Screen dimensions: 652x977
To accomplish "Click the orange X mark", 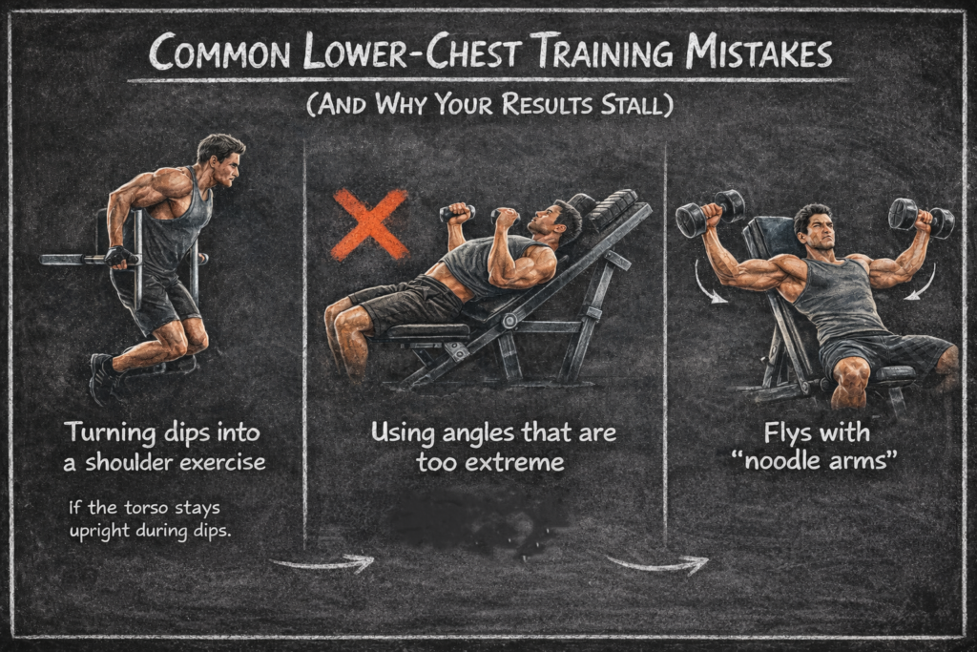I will click(x=369, y=224).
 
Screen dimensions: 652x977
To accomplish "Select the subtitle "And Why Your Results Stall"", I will click(x=489, y=104).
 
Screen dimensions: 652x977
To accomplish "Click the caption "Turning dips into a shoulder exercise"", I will click(x=165, y=447).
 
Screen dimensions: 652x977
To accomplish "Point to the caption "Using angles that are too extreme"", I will click(x=493, y=447).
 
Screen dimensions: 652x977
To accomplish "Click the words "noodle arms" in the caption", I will click(x=816, y=462).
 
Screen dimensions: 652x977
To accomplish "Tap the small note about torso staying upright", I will click(x=151, y=516).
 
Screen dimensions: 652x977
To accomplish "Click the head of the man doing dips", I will click(x=221, y=158).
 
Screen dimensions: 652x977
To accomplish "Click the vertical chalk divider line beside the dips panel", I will click(x=304, y=344).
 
